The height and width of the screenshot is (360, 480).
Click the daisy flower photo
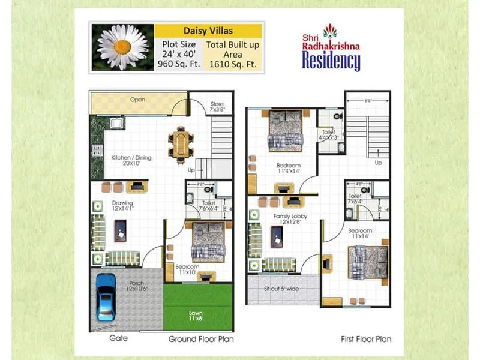pos(122,48)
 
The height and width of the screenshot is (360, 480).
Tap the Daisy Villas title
pos(208,31)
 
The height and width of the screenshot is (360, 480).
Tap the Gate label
pos(118,338)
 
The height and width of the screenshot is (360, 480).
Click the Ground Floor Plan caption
pos(200,339)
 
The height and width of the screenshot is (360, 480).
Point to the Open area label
pos(137,100)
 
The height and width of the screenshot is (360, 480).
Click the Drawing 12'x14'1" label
pos(122,206)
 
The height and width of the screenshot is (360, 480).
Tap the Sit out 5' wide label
pos(282,289)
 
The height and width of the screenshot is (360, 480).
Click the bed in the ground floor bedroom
pos(208,242)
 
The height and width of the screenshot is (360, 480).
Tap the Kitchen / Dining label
pos(131,160)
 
